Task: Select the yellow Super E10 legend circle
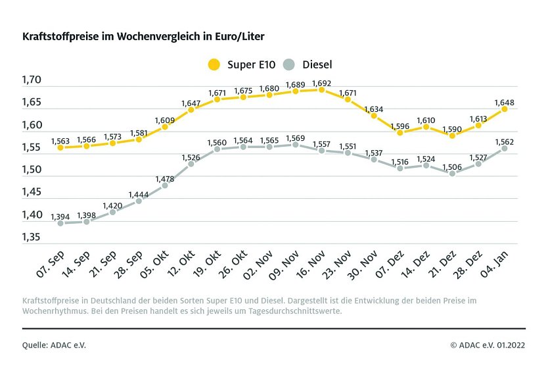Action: pyautogui.click(x=214, y=64)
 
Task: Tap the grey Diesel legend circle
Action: pyautogui.click(x=288, y=64)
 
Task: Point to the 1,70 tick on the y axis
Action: pyautogui.click(x=32, y=80)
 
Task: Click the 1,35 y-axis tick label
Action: pyautogui.click(x=32, y=236)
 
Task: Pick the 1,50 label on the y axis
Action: pyautogui.click(x=32, y=170)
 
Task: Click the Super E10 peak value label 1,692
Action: pyautogui.click(x=321, y=84)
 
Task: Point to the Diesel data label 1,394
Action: pyautogui.click(x=60, y=217)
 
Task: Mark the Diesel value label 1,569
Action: pyautogui.click(x=295, y=138)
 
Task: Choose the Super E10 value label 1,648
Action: pyautogui.click(x=504, y=102)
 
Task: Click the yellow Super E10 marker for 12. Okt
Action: pyautogui.click(x=191, y=110)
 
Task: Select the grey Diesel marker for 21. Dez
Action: pyautogui.click(x=452, y=173)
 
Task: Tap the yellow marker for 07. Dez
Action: pyautogui.click(x=400, y=132)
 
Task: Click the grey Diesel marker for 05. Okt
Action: pyautogui.click(x=164, y=186)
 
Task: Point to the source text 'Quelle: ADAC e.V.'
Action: pyautogui.click(x=54, y=344)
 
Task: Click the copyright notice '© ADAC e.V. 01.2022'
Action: pyautogui.click(x=488, y=344)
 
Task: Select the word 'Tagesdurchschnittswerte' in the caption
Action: pyautogui.click(x=291, y=311)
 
